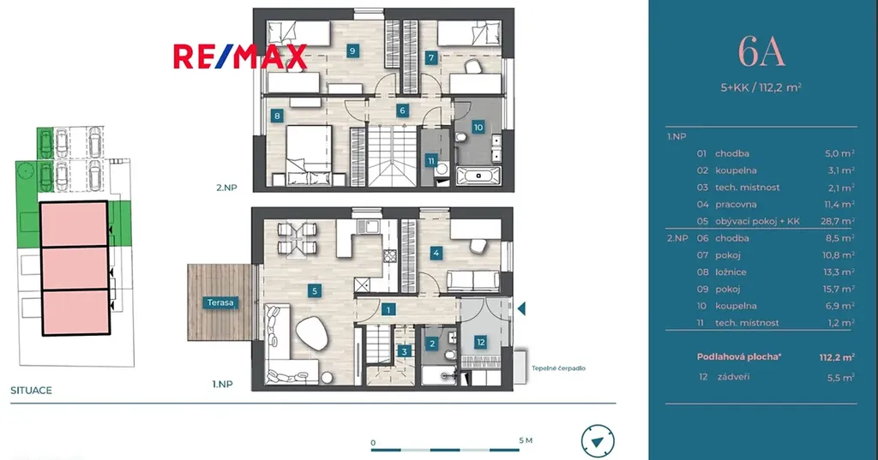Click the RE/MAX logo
click(240, 57)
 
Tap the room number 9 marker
click(352, 51)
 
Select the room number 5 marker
click(315, 290)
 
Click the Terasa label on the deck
click(220, 302)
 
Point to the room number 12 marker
click(480, 343)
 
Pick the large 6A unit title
click(761, 51)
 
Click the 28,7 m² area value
click(838, 221)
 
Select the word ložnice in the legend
click(731, 272)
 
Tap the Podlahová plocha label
click(738, 356)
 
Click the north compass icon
click(598, 441)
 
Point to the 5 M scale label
click(526, 440)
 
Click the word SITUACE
click(32, 391)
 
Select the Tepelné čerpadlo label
click(558, 368)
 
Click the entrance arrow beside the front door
click(521, 308)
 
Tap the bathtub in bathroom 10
click(478, 176)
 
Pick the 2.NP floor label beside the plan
click(226, 188)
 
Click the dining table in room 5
click(297, 238)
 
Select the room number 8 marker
click(277, 116)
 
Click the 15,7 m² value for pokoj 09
click(838, 289)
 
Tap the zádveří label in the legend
click(733, 377)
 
